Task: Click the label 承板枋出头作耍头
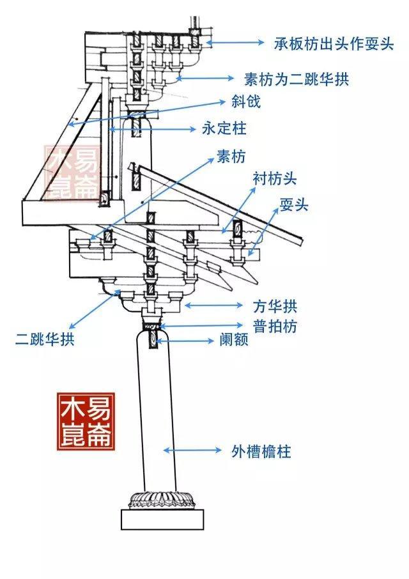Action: (x=334, y=44)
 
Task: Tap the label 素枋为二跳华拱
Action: (x=297, y=79)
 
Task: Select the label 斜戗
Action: (x=246, y=101)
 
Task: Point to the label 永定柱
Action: (x=224, y=128)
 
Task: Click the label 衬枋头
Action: (x=275, y=179)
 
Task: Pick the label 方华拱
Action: (x=275, y=306)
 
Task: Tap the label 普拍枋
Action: (x=275, y=326)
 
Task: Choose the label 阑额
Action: (x=234, y=339)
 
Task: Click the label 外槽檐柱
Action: (x=261, y=451)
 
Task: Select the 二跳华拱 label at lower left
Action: (x=45, y=339)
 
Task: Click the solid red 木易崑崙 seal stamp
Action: (x=86, y=422)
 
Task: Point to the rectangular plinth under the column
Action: (x=162, y=520)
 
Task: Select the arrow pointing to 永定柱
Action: (x=152, y=129)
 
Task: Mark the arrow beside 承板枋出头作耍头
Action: (x=235, y=42)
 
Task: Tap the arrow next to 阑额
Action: (x=185, y=341)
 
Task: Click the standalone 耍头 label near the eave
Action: (x=294, y=205)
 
